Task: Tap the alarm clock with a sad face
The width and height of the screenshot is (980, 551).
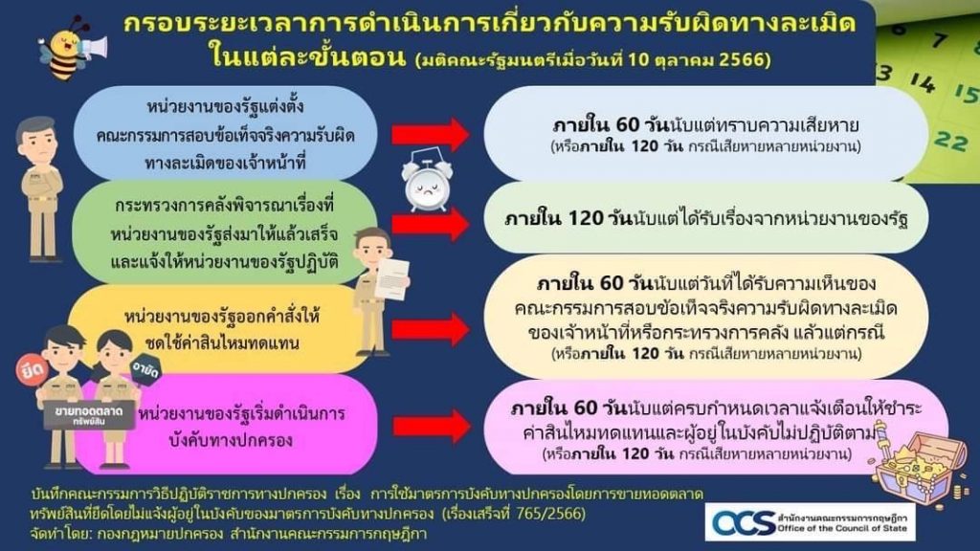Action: [x=427, y=181]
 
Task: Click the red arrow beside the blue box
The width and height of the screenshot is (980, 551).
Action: [x=431, y=134]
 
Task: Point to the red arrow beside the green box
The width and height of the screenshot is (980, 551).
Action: [x=431, y=224]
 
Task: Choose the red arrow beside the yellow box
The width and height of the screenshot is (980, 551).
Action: [x=431, y=329]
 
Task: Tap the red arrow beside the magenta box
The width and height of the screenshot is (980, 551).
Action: [x=432, y=428]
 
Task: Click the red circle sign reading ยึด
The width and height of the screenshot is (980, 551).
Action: [x=33, y=369]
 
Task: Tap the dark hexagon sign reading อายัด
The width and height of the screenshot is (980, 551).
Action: [x=145, y=370]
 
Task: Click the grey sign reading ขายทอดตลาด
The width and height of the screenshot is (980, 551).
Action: [x=89, y=415]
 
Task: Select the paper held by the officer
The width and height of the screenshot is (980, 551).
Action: [x=391, y=278]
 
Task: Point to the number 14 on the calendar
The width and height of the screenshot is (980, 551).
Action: [x=924, y=82]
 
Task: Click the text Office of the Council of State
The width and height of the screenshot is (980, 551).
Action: [x=841, y=528]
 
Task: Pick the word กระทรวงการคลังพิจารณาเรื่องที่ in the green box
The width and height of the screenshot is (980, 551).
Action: [x=225, y=205]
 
